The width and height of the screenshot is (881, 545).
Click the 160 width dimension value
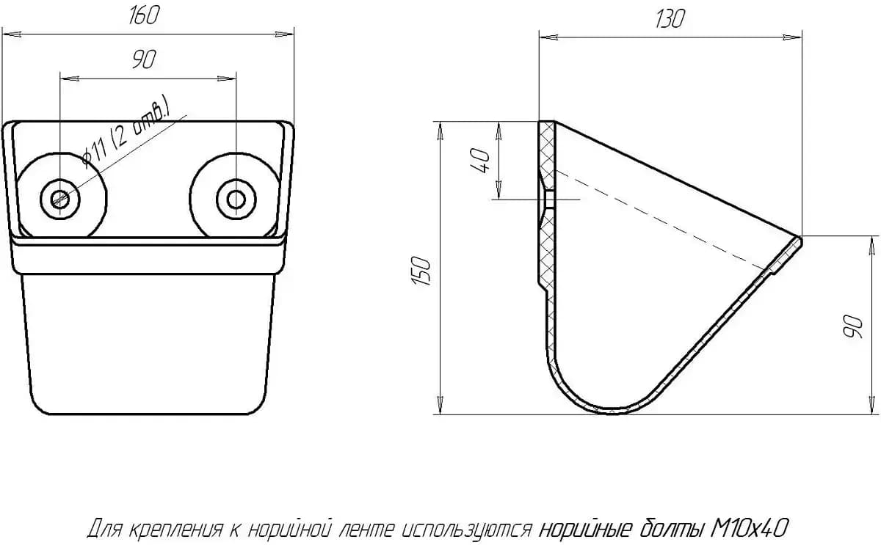pyautogui.click(x=144, y=15)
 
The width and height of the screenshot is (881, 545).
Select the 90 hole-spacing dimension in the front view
pyautogui.click(x=144, y=59)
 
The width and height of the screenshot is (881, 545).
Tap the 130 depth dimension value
pyautogui.click(x=670, y=18)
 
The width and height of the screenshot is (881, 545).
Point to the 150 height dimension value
pyautogui.click(x=421, y=271)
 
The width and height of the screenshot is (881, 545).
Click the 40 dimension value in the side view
pyautogui.click(x=481, y=161)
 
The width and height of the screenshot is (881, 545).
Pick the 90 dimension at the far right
pyautogui.click(x=853, y=326)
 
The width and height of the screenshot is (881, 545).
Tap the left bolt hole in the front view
pyautogui.click(x=60, y=200)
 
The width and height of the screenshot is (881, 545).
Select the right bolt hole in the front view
pyautogui.click(x=236, y=200)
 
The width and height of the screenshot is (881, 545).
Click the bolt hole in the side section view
pyautogui.click(x=549, y=200)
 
